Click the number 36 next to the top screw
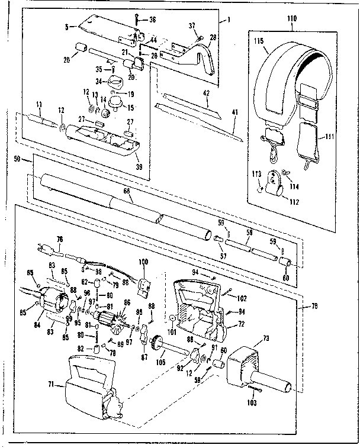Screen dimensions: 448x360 tap(152, 20)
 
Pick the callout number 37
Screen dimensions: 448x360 tap(191, 25)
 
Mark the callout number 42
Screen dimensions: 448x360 tap(207, 94)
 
